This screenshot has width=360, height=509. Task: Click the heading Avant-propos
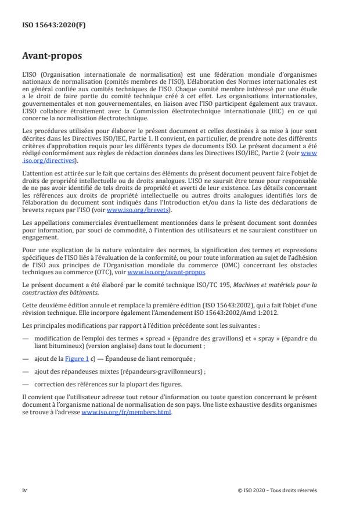(x=52, y=57)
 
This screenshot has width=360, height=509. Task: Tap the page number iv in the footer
(x=24, y=490)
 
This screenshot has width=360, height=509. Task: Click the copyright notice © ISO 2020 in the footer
(x=278, y=490)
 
